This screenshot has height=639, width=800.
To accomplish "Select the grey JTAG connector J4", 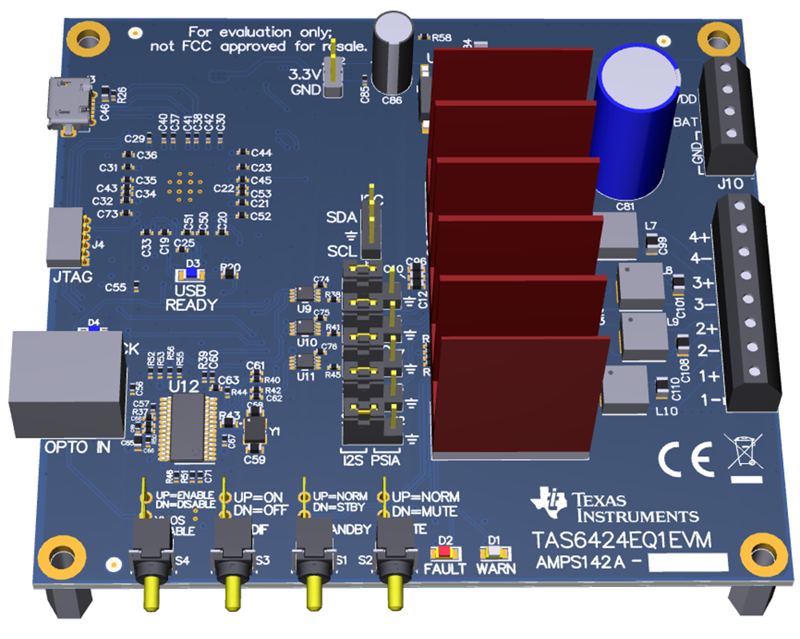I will click(66, 237).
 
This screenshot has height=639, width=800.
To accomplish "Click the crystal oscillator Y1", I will click(255, 433).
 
